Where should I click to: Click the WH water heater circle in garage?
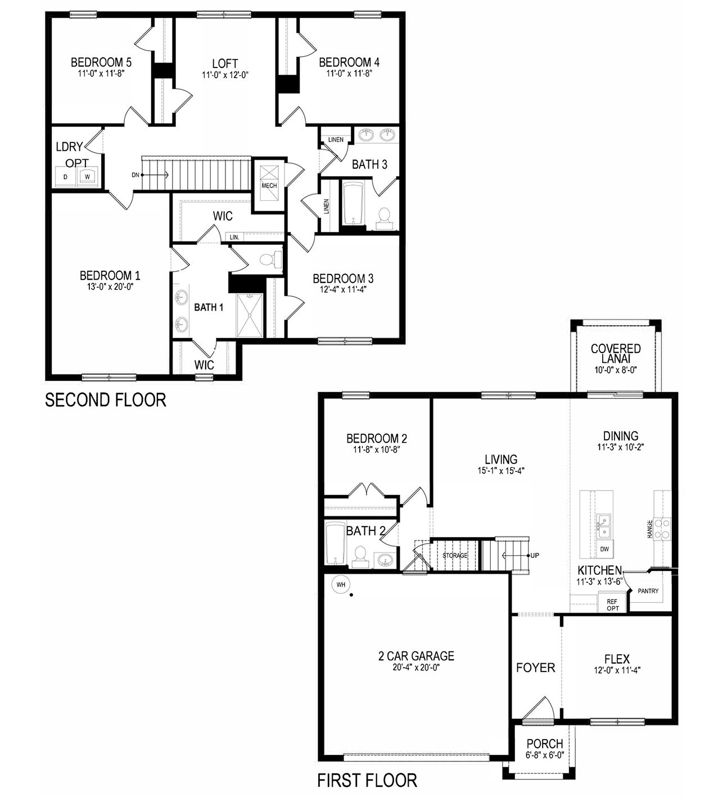click(x=340, y=584)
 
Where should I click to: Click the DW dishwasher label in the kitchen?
click(x=604, y=548)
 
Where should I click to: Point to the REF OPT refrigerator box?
click(x=612, y=605)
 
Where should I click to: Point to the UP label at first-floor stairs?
click(x=535, y=556)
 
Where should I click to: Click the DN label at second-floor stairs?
click(x=135, y=175)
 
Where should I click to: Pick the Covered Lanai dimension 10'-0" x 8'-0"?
click(x=616, y=370)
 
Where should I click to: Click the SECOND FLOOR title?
click(x=105, y=400)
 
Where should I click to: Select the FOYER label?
click(x=536, y=668)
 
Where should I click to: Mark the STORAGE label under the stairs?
click(x=455, y=556)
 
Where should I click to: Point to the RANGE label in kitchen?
click(x=650, y=529)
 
